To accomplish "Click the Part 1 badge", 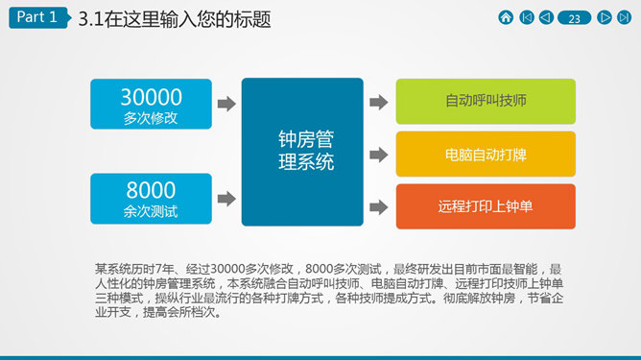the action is click(x=39, y=17).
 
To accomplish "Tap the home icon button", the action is click(x=506, y=17).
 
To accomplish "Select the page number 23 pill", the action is click(x=575, y=18).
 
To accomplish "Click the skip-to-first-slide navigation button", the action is click(x=527, y=17).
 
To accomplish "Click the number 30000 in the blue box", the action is click(x=152, y=97).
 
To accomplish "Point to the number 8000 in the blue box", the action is click(x=151, y=190).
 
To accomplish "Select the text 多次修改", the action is click(x=151, y=118).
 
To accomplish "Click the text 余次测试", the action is click(x=151, y=211).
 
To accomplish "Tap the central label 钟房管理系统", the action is click(x=306, y=151).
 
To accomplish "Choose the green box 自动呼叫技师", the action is click(x=486, y=102).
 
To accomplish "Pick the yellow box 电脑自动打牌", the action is click(x=486, y=155).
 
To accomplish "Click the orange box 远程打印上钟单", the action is click(x=486, y=206).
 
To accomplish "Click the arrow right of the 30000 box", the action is click(x=226, y=104).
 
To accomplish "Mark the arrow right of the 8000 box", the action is click(x=226, y=199).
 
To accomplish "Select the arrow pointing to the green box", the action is click(x=378, y=102).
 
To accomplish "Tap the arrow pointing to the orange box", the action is click(x=378, y=207).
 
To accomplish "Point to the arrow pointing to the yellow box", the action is click(x=378, y=155).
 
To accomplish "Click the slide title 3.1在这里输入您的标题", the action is click(x=175, y=19).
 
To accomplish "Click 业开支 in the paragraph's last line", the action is click(x=113, y=313).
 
